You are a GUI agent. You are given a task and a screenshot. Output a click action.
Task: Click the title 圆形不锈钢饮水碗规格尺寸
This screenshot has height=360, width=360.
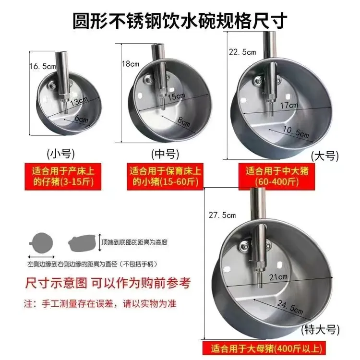(x=180, y=22)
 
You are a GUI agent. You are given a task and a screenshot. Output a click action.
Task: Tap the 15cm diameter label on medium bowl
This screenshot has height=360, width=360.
(x=176, y=96)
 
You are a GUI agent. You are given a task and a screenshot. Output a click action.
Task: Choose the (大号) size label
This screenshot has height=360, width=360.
(x=324, y=156)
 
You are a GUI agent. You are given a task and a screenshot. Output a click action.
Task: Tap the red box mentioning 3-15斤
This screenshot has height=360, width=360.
(x=60, y=176)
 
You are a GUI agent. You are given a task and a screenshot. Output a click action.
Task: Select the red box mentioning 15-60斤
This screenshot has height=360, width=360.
(x=165, y=176)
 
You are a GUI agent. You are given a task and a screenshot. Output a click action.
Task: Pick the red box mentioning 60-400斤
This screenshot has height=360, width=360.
(x=272, y=176)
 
